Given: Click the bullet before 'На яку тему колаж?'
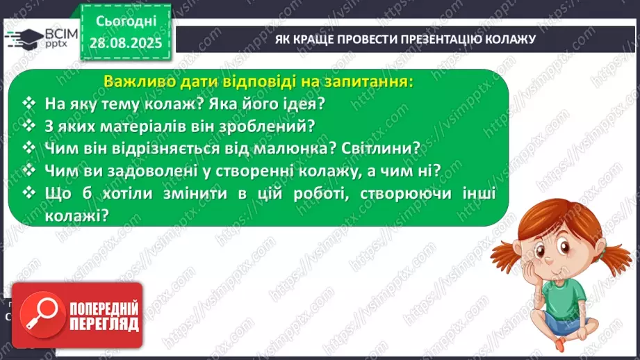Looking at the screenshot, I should [x=28, y=104].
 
